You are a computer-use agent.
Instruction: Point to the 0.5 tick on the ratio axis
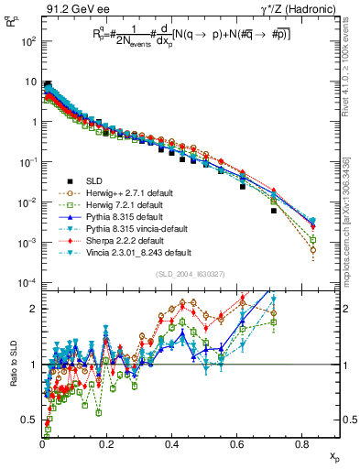tap(31, 419)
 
